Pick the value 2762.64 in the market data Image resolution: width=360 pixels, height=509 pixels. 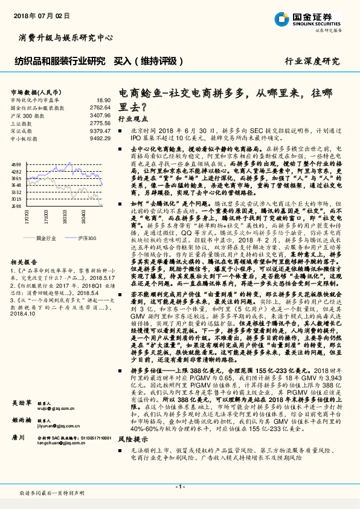pyautogui.click(x=100, y=107)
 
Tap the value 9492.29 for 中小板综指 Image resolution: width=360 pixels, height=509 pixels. pyautogui.click(x=100, y=138)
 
